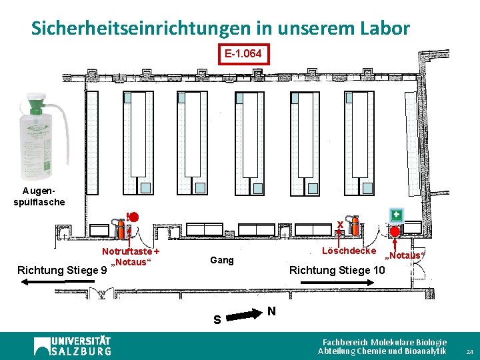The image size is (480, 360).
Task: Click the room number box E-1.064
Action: click(x=243, y=53)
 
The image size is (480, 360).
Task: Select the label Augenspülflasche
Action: click(x=39, y=197)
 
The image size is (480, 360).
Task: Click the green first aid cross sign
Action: click(x=397, y=214)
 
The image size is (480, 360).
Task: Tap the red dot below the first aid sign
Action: click(x=395, y=231)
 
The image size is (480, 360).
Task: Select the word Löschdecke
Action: click(x=349, y=251)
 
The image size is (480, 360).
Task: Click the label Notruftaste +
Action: click(x=131, y=251)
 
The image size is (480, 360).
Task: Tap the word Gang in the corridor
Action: click(x=222, y=260)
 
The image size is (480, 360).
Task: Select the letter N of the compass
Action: click(x=271, y=311)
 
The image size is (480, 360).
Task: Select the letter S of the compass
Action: click(x=217, y=320)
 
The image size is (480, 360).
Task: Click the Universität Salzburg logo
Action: click(x=73, y=345)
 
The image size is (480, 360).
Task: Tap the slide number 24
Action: click(x=469, y=351)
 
